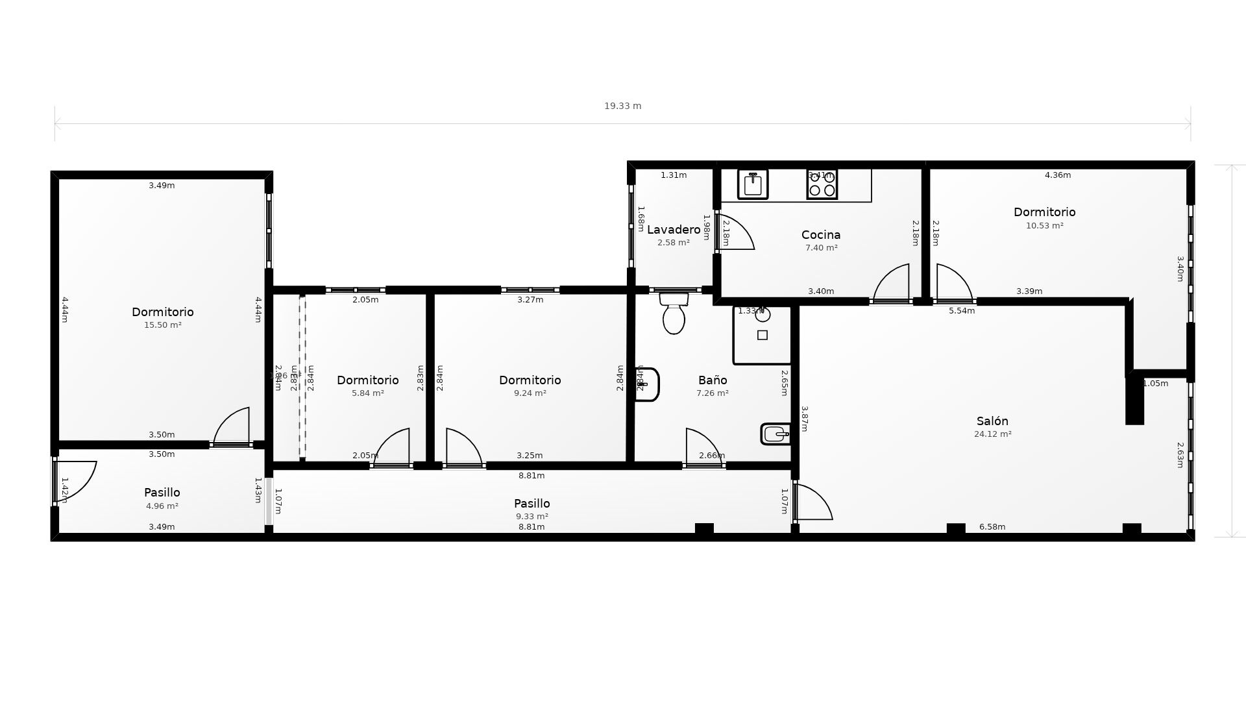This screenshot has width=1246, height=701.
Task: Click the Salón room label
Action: click(992, 421)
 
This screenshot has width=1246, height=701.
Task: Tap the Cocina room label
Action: click(821, 235)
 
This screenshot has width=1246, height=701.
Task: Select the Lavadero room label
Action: click(674, 230)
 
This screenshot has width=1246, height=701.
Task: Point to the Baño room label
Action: click(713, 380)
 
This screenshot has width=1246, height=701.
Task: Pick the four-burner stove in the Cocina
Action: click(822, 184)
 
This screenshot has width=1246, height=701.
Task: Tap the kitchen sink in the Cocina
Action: click(753, 184)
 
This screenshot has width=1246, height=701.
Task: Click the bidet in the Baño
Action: click(776, 434)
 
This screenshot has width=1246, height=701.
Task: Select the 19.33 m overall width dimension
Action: click(622, 106)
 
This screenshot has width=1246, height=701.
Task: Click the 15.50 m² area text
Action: click(162, 325)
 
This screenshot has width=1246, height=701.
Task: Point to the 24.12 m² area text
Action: click(992, 434)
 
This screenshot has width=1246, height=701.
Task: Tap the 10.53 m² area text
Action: click(1044, 226)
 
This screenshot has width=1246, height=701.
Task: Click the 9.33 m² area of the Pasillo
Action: click(531, 517)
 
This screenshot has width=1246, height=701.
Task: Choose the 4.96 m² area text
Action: click(162, 506)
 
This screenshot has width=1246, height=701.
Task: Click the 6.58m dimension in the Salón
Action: click(992, 527)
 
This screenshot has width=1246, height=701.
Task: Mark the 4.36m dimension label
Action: click(1057, 175)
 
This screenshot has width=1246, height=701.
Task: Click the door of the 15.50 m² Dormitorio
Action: click(232, 427)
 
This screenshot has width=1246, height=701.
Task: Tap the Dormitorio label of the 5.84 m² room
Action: click(367, 380)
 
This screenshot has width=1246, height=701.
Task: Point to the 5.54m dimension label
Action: click(961, 311)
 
